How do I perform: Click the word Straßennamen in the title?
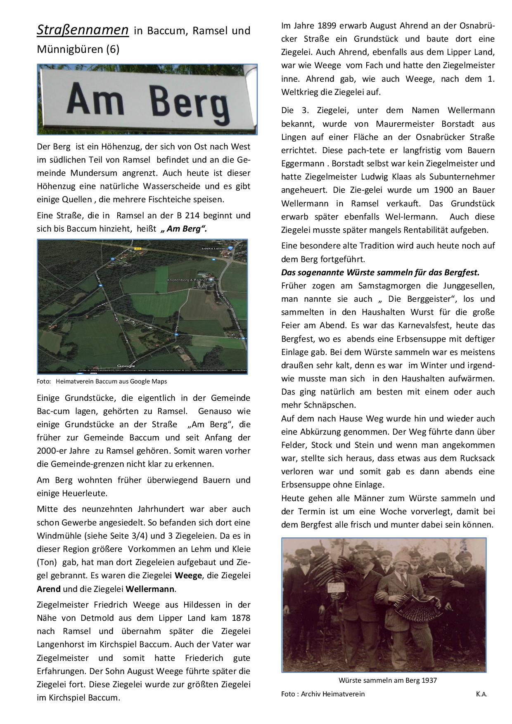pos(83,30)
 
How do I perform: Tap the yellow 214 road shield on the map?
pos(137,248)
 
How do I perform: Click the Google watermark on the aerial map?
pos(126,366)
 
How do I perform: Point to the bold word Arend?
pos(49,589)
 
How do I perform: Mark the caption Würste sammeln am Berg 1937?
pos(387,680)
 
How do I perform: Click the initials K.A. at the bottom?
pos(481,694)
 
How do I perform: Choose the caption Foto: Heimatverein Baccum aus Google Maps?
pos(102,381)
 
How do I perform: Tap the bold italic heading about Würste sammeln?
pos(380,272)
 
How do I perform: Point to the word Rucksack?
pos(477,458)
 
